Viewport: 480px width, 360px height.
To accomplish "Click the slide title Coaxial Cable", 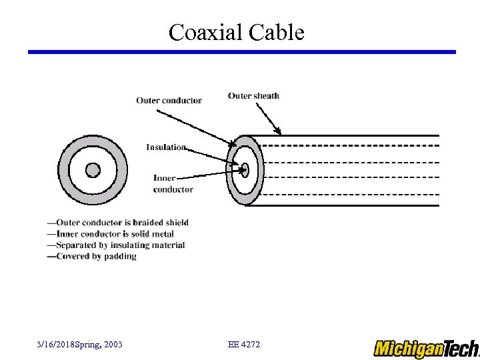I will pos(236,32).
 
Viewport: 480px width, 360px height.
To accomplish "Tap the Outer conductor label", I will pos(169,101).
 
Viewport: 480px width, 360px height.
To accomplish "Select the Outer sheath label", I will pos(253,96).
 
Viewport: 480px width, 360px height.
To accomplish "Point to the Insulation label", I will pos(166,147).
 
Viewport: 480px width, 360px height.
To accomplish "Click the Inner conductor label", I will pos(173,183).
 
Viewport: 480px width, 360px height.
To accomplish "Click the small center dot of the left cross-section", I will pos(93,170).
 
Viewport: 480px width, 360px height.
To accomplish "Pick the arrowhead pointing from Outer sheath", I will pos(279,131).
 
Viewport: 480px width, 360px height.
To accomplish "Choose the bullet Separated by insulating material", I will pos(116,245).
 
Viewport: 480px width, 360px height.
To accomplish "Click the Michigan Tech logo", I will pos(425,348).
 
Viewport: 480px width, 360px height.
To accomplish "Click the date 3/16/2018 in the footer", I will pos(56,345).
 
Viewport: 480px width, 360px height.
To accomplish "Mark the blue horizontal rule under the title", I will pos(241,52).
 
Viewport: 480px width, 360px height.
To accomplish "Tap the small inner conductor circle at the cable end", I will pos(245,169).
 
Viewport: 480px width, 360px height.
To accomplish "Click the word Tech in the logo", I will pos(460,348).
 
